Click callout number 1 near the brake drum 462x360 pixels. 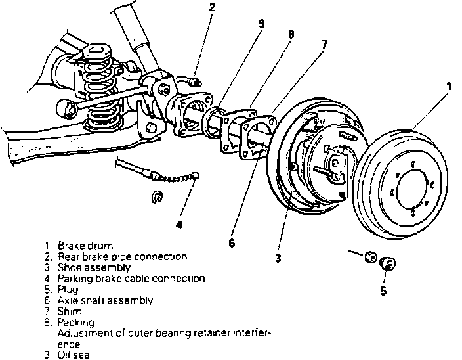pyautogui.click(x=449, y=86)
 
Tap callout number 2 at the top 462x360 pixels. pyautogui.click(x=212, y=8)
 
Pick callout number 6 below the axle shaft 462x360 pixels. pyautogui.click(x=231, y=243)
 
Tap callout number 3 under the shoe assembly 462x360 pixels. pyautogui.click(x=278, y=258)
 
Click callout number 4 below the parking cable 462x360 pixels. pyautogui.click(x=178, y=225)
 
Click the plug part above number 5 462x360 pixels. pyautogui.click(x=387, y=264)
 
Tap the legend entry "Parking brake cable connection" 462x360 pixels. pyautogui.click(x=131, y=279)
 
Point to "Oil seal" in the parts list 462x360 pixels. pyautogui.click(x=75, y=355)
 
